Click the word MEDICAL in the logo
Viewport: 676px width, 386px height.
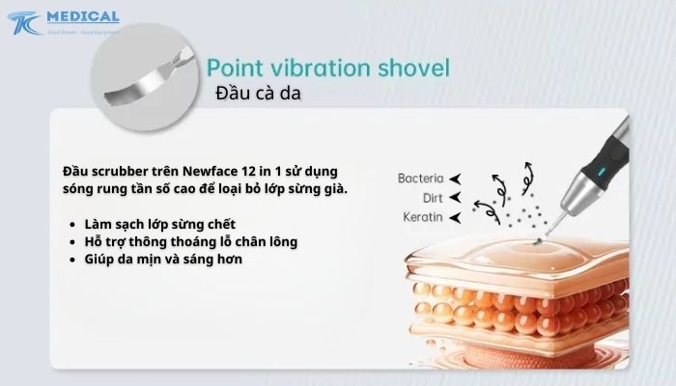(82, 16)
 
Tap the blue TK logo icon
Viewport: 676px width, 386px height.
(27, 23)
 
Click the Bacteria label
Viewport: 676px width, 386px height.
(420, 179)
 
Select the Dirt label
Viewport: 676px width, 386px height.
(432, 197)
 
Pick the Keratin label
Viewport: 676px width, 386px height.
(423, 216)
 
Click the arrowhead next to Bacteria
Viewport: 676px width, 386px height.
(455, 179)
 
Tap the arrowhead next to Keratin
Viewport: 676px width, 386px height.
(455, 217)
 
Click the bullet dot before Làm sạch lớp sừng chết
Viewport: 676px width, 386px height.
(74, 223)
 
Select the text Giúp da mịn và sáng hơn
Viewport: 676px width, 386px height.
(163, 259)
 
